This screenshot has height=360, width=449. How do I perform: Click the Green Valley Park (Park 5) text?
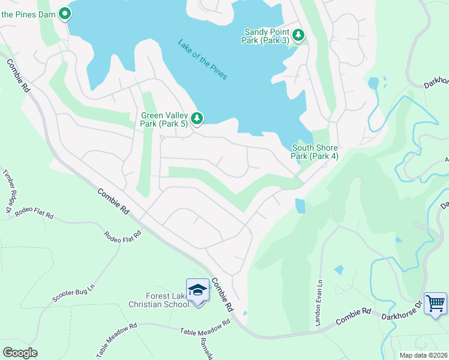(164, 119)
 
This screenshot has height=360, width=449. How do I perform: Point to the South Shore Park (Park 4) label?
(315, 152)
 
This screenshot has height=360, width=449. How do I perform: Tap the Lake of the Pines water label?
(202, 59)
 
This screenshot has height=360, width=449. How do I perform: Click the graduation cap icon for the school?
(197, 290)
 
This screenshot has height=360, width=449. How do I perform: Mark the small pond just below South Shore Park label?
(300, 206)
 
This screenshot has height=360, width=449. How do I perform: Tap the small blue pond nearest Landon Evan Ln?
(339, 270)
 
